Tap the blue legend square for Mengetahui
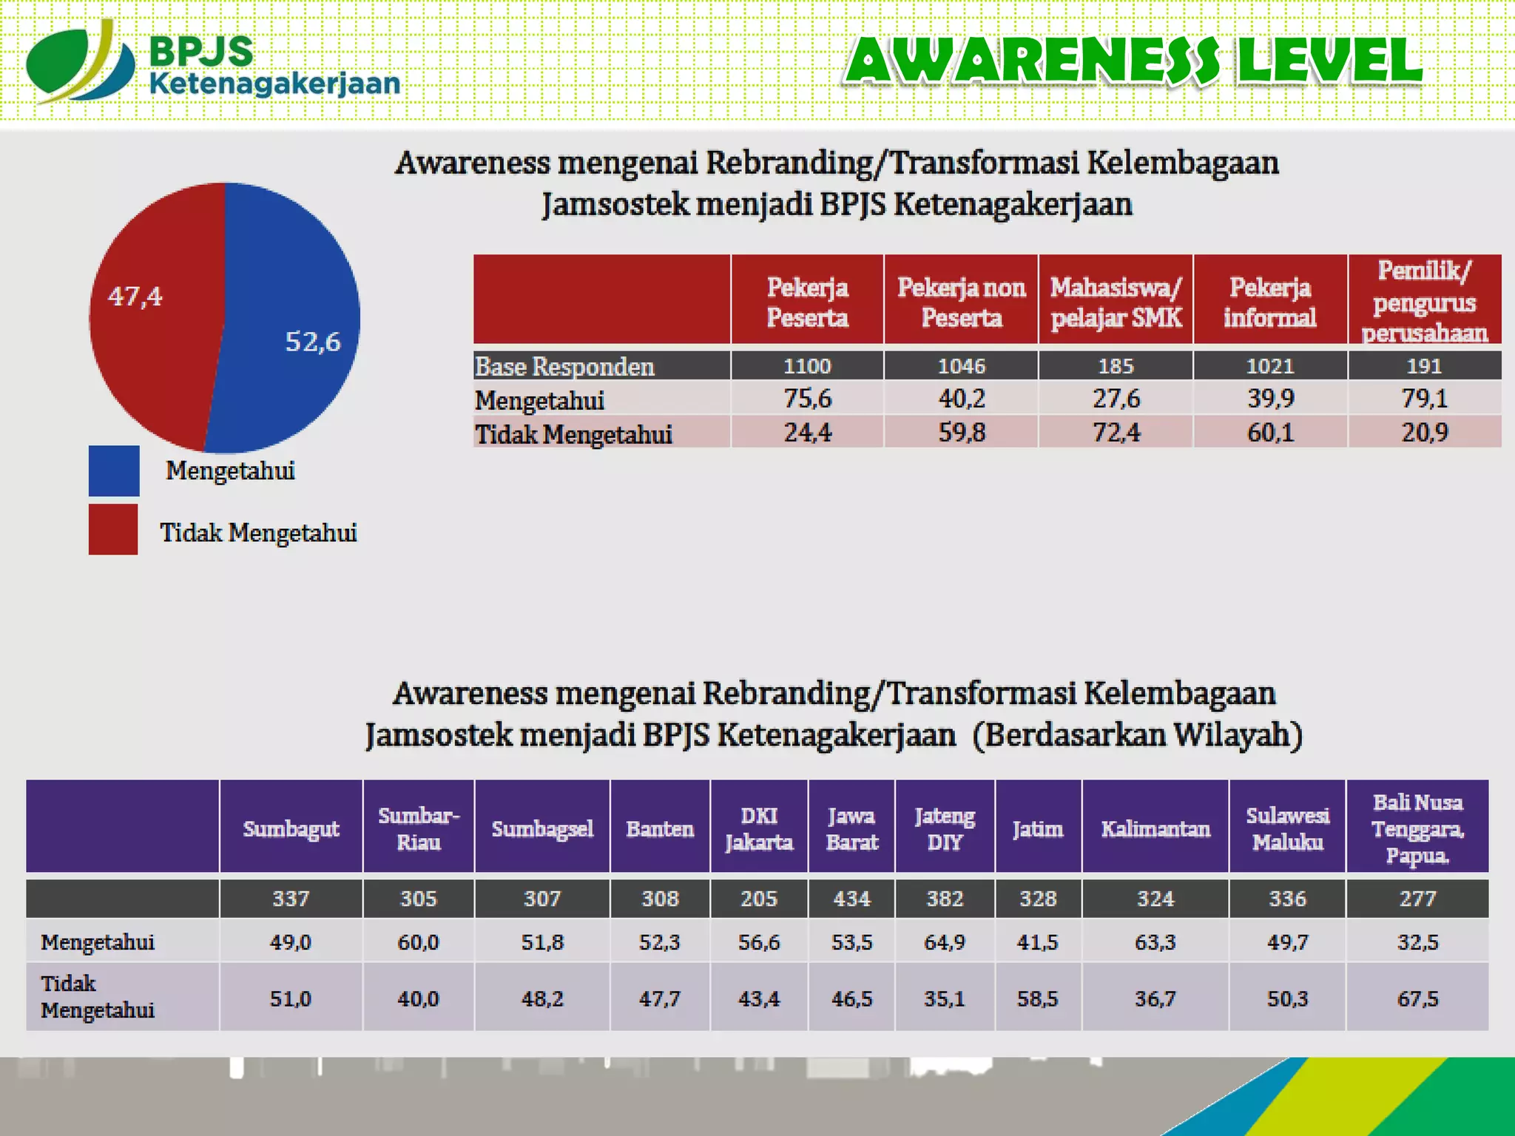[x=114, y=470]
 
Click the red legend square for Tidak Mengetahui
[x=113, y=530]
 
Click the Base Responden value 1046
[x=961, y=366]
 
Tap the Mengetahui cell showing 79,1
[x=1424, y=399]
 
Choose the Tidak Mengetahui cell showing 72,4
[x=1116, y=432]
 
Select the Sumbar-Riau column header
[x=419, y=828]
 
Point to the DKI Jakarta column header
[x=759, y=828]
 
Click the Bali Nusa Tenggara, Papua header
[x=1417, y=828]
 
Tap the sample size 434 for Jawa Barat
[x=851, y=899]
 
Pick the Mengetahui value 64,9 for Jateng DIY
[x=945, y=942]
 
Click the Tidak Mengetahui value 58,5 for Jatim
[x=1038, y=998]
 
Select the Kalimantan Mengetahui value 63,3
[x=1155, y=942]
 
